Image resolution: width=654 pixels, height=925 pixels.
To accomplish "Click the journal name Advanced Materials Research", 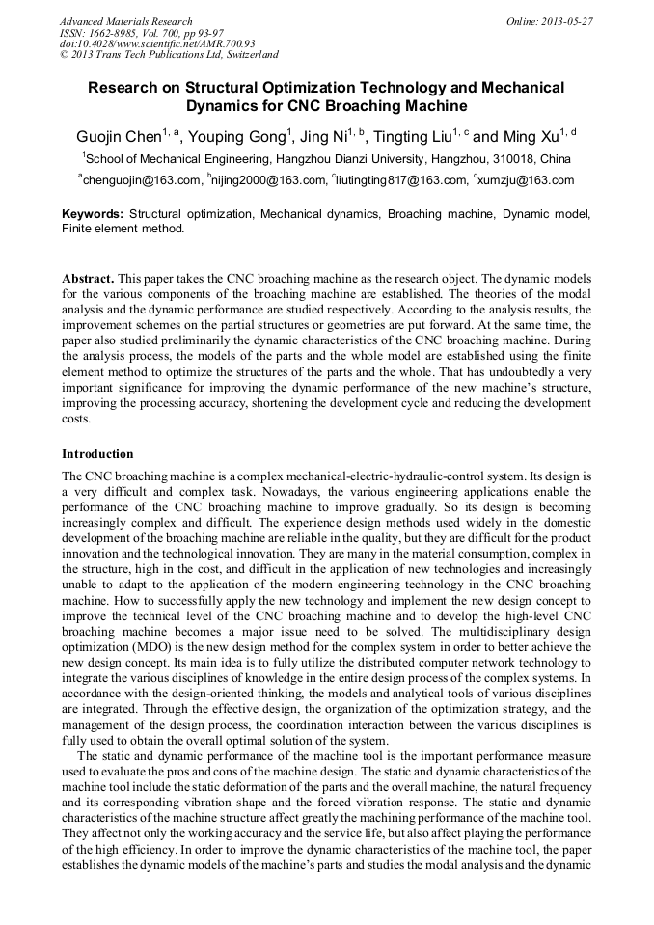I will (126, 21).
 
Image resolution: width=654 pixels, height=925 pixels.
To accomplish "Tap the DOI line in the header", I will (157, 43).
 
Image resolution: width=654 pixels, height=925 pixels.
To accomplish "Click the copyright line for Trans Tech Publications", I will (169, 55).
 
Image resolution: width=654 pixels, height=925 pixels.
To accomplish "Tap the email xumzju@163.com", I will (528, 180).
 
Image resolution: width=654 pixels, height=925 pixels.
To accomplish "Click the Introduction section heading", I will (97, 454).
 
